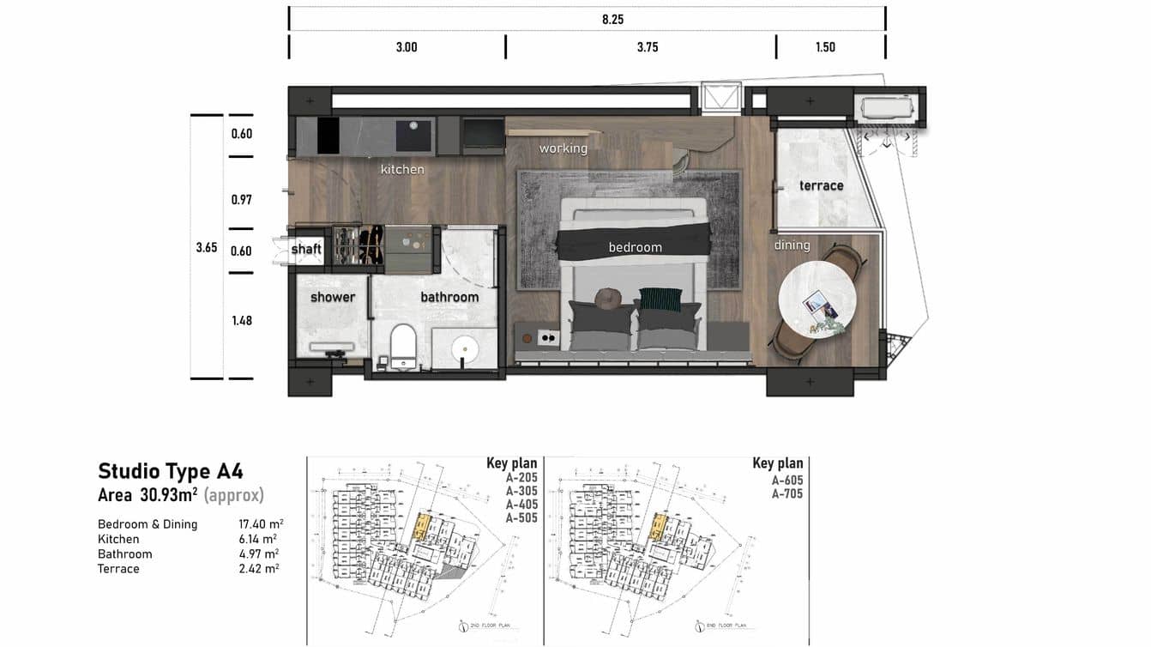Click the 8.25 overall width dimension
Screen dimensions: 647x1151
coord(612,19)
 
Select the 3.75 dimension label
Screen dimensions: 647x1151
coord(648,47)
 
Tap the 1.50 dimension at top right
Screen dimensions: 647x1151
coord(825,47)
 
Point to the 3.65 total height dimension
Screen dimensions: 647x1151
coord(206,247)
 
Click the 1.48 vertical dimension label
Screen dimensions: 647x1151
coord(242,320)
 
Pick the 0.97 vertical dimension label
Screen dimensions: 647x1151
coord(242,199)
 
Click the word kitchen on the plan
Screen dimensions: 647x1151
coord(402,169)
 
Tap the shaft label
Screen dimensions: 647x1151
coord(306,249)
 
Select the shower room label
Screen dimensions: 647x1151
coord(333,297)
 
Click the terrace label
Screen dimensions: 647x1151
coord(821,185)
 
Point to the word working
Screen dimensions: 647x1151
coord(563,148)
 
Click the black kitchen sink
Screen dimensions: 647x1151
coord(415,136)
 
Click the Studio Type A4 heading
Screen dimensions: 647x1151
coord(171,471)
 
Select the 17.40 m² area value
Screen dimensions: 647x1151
coord(261,523)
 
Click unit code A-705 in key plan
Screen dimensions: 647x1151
coord(786,493)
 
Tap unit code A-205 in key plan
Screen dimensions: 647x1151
coord(521,477)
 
